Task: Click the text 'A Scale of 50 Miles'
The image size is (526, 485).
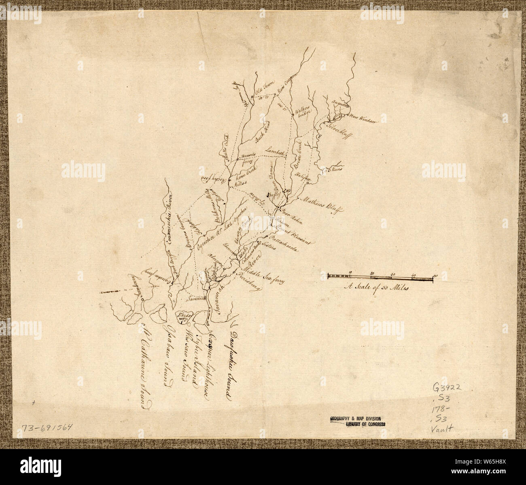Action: [x=377, y=288]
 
